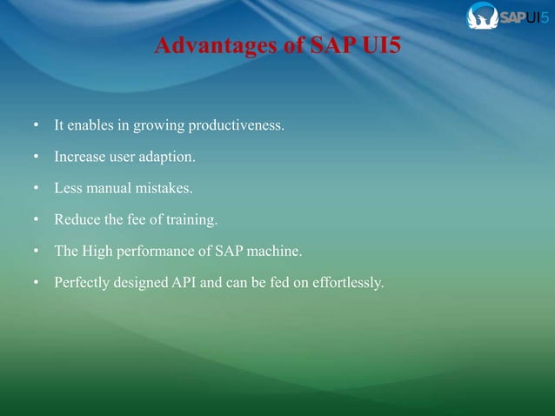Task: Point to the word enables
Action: [x=90, y=127]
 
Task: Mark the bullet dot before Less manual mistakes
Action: [x=35, y=188]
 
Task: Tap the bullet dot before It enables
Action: [x=35, y=127]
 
